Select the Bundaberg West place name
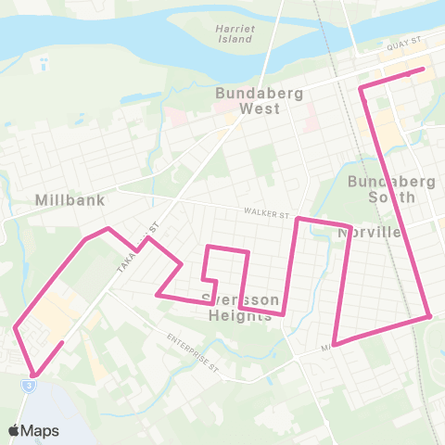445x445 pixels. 247,100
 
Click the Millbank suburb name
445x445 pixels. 70,199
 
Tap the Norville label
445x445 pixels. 371,233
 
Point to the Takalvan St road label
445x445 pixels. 138,246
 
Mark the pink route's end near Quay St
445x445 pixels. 423,69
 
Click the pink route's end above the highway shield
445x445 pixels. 62,343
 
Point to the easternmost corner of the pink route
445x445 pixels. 430,316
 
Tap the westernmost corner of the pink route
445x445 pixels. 16,326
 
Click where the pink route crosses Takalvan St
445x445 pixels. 141,245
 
